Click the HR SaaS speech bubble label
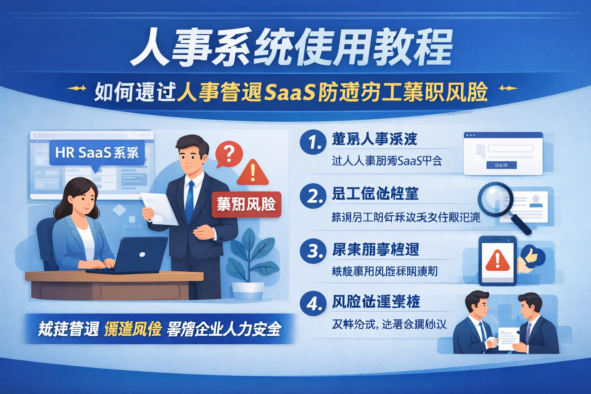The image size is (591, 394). pos(97,153)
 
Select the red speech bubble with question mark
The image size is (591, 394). pos(229,154)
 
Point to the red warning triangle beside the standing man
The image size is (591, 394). pos(253,173)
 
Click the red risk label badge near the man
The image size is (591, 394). pos(246,204)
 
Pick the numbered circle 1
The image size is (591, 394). pos(313,142)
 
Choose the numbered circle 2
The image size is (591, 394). pos(313,196)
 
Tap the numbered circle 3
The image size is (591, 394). pos(313,251)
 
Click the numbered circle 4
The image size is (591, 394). pos(313,304)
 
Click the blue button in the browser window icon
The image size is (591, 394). pos(501,165)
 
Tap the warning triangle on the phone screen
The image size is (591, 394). pos(497,260)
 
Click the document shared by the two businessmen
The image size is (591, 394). pos(509,339)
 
